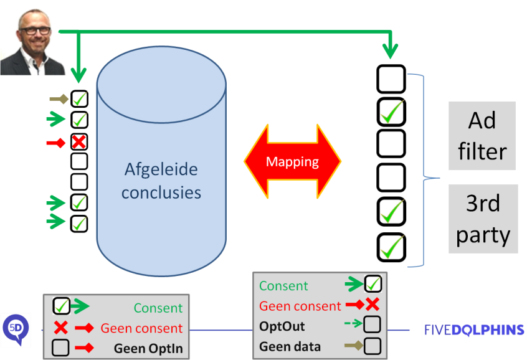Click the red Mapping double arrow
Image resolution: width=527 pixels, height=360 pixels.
click(x=292, y=162)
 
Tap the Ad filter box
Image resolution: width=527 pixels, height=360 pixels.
click(x=482, y=136)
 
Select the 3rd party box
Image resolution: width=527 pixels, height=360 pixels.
click(x=483, y=219)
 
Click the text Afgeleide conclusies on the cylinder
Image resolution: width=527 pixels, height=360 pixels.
click(x=161, y=181)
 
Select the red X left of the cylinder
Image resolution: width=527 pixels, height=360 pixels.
click(x=78, y=143)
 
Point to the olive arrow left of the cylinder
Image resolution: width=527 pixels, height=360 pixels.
click(x=59, y=98)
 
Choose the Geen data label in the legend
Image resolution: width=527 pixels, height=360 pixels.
click(x=290, y=346)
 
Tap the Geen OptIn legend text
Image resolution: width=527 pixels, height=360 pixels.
click(x=148, y=348)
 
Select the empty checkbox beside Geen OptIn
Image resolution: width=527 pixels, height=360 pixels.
click(x=60, y=348)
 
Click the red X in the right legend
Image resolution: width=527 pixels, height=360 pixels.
click(x=373, y=305)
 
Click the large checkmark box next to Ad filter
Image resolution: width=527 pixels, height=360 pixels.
click(x=391, y=112)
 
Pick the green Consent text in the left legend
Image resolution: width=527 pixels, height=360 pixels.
click(x=158, y=308)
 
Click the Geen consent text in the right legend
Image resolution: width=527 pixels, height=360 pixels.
click(x=300, y=306)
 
